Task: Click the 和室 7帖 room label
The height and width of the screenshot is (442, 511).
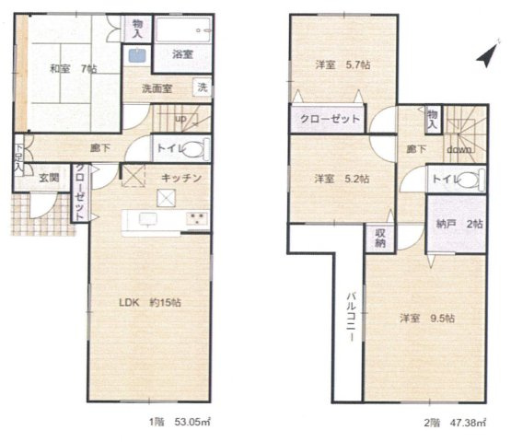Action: pos(73,69)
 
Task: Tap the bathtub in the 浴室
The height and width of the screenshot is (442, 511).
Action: pos(183,30)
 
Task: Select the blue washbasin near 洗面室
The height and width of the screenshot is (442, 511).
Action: pos(137,55)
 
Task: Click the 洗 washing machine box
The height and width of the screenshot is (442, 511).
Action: pos(203,87)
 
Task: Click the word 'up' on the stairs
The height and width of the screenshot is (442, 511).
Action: pos(180,119)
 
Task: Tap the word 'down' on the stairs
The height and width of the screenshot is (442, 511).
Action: pos(459,149)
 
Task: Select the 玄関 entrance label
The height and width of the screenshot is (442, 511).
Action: pos(49,178)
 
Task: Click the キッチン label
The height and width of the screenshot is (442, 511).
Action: pos(181,178)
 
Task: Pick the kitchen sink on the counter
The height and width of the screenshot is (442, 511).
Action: pos(148,219)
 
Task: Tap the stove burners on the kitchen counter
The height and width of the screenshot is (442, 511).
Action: pos(197,219)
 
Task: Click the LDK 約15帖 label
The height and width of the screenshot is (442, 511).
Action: pos(150,302)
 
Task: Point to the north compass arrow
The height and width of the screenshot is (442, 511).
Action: pos(488,55)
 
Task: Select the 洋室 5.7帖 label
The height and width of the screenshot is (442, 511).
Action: pos(343,64)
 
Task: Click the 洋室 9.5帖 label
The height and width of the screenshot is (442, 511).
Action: pos(427,318)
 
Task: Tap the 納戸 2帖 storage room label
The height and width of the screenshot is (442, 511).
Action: pos(459,224)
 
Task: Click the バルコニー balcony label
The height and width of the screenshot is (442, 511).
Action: pos(351,317)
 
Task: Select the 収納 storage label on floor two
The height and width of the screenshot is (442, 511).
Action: pos(380,238)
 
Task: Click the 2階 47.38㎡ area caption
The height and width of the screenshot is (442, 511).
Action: pos(455,423)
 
